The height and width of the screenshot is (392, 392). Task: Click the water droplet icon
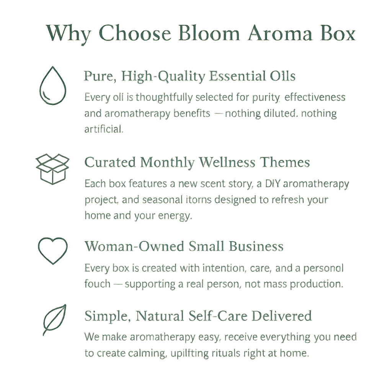tap(53, 86)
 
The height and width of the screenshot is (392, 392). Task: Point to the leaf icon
tap(54, 320)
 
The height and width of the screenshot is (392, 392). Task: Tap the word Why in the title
tap(69, 33)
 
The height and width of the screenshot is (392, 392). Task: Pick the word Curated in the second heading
tap(110, 162)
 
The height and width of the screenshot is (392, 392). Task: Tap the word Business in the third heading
tap(256, 246)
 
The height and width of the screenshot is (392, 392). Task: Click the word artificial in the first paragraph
tap(103, 129)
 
